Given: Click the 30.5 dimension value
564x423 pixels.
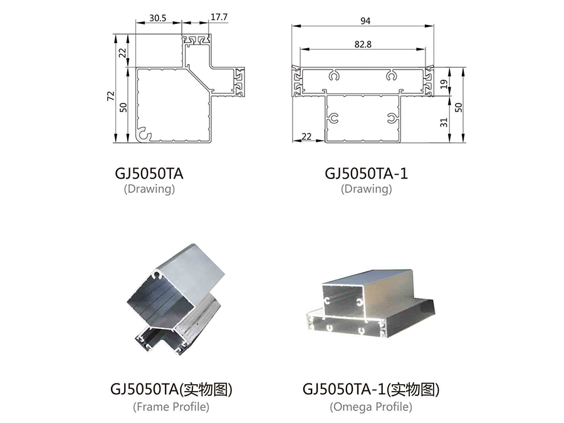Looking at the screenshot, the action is pyautogui.click(x=158, y=18).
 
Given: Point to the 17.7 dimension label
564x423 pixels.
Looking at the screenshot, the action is pyautogui.click(x=219, y=17).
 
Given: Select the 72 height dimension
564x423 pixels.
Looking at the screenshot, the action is pyautogui.click(x=111, y=96).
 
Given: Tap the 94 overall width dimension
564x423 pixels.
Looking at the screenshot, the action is pyautogui.click(x=365, y=21).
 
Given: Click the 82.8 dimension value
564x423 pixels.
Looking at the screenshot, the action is pyautogui.click(x=363, y=44).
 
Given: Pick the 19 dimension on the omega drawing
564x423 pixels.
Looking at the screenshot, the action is pyautogui.click(x=444, y=84).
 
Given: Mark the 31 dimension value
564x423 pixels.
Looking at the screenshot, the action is pyautogui.click(x=444, y=122).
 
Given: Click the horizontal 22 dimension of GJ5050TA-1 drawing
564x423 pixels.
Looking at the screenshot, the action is pyautogui.click(x=306, y=137).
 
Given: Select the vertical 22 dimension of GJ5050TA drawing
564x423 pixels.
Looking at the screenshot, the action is pyautogui.click(x=123, y=53).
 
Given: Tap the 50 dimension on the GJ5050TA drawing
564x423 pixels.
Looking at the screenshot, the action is pyautogui.click(x=123, y=107).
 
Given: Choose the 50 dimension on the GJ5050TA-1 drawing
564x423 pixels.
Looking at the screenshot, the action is pyautogui.click(x=459, y=107).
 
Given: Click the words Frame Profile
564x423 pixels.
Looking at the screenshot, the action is pyautogui.click(x=171, y=407).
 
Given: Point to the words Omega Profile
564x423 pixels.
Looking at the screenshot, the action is pyautogui.click(x=371, y=407).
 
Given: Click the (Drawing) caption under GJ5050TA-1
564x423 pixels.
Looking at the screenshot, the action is pyautogui.click(x=366, y=189).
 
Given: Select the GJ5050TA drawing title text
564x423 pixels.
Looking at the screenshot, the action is pyautogui.click(x=149, y=174).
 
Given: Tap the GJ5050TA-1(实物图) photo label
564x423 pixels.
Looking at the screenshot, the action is pyautogui.click(x=371, y=389).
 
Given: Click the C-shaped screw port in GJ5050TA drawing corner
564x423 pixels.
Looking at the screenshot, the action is pyautogui.click(x=145, y=134).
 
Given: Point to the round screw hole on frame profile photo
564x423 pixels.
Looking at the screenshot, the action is pyautogui.click(x=157, y=276).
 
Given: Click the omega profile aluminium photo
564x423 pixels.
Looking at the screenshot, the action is pyautogui.click(x=371, y=305).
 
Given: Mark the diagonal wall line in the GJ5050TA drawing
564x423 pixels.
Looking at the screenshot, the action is pyautogui.click(x=199, y=80).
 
